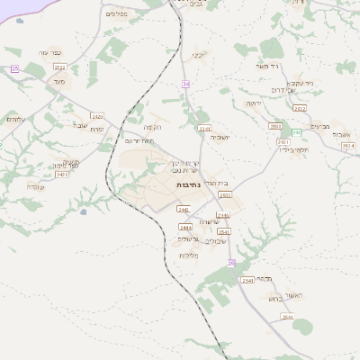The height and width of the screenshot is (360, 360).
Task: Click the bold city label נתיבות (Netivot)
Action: point(178,183)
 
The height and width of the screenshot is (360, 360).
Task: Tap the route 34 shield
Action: point(186,84)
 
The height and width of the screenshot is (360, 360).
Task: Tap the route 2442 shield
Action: point(184,209)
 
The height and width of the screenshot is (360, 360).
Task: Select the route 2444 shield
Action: point(186,227)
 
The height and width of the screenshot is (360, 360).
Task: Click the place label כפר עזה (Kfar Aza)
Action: point(49,53)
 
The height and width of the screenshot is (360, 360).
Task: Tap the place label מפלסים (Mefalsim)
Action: point(116,13)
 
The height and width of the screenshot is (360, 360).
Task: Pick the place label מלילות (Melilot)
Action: point(188,255)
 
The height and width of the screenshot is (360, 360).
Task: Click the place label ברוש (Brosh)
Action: point(275,299)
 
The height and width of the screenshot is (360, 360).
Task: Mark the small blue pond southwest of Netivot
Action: point(83,212)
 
